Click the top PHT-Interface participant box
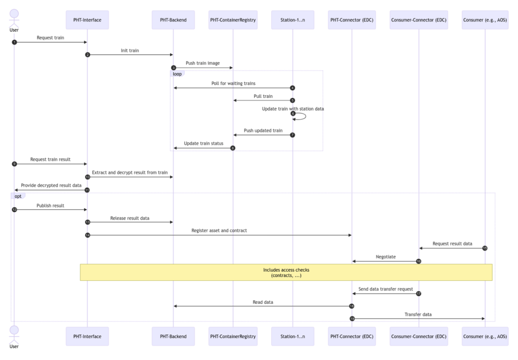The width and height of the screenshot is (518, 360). tap(87, 20)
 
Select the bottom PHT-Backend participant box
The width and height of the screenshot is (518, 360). tap(173, 336)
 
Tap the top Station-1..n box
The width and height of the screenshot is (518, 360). tap(292, 20)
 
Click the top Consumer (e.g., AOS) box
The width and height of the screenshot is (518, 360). tap(485, 20)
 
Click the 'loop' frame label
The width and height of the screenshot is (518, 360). tap(177, 74)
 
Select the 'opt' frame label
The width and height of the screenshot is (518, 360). tap(18, 196)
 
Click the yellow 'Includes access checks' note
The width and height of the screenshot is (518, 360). tap(286, 272)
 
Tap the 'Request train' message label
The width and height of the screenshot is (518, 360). tap(50, 38)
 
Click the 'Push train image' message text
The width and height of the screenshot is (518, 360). tap(203, 63)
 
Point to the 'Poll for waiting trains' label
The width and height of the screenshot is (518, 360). tap(233, 83)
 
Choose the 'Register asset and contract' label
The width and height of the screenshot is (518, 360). tap(219, 230)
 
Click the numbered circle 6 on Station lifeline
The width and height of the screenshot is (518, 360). tap(293, 114)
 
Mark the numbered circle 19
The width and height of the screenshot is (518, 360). tap(352, 319)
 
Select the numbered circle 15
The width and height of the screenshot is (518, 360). tap(485, 248)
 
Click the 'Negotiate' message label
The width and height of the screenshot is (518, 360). tap(385, 257)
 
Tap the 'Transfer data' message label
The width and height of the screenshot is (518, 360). tap(418, 314)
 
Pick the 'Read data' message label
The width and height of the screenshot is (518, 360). tap(263, 302)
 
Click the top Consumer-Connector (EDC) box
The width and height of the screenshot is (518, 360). tap(418, 20)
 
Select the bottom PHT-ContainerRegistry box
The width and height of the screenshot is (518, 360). tap(233, 336)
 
